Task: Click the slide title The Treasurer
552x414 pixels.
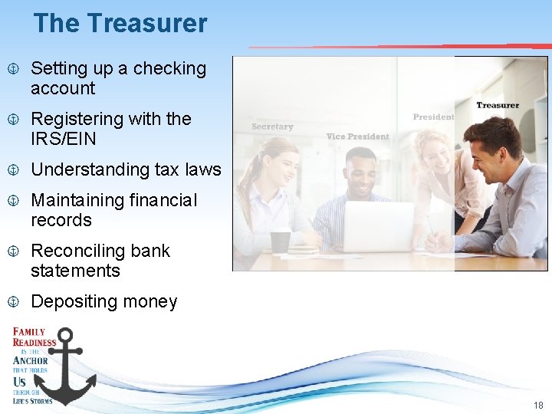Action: (x=120, y=23)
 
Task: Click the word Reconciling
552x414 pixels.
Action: (x=79, y=251)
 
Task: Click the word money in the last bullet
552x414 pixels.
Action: (x=153, y=301)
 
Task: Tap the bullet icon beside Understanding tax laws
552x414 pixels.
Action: (x=13, y=170)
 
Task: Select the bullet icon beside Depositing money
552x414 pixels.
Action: (x=13, y=302)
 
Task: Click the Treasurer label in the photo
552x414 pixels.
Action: (x=498, y=105)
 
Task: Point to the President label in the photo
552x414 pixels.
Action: (x=433, y=117)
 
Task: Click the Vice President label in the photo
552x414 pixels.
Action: (x=357, y=136)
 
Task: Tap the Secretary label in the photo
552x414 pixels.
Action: (x=272, y=127)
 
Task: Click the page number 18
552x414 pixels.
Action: (x=537, y=405)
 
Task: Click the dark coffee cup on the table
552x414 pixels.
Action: (x=281, y=242)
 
